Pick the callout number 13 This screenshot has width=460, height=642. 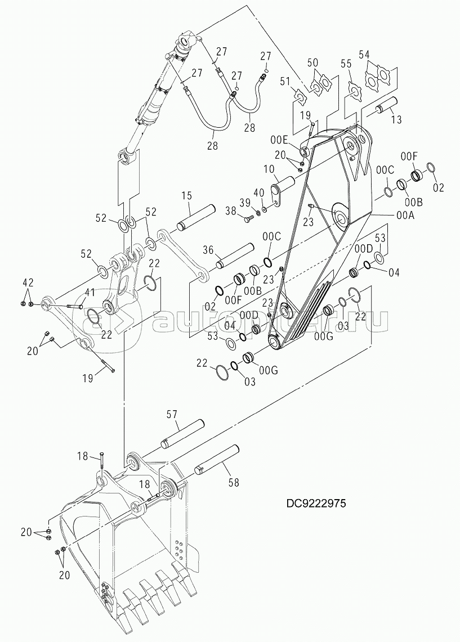396,119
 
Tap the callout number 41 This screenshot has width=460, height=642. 90,291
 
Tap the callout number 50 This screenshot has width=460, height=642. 312,62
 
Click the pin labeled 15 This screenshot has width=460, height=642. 195,217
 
